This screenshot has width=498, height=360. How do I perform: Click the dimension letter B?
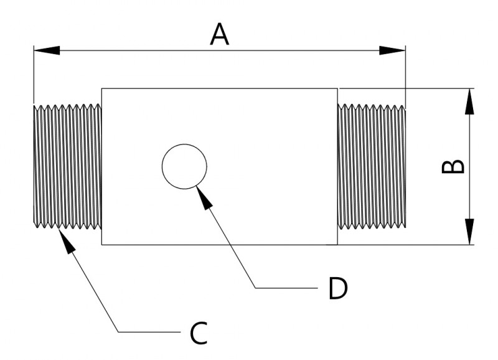click(453, 166)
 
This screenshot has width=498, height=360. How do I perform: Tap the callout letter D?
click(337, 288)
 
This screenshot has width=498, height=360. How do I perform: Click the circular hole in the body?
click(184, 166)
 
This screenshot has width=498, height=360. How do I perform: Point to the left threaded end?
click(67, 166)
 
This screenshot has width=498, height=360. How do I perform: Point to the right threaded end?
click(372, 166)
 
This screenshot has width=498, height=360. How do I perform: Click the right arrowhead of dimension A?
click(393, 50)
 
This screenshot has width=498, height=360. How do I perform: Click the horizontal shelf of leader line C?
click(149, 332)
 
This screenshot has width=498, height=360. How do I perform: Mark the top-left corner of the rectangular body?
click(101, 88)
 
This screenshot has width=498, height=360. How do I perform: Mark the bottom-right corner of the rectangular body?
click(337, 244)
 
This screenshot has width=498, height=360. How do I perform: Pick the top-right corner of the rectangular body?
click(337, 88)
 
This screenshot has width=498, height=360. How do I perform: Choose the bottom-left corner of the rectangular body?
click(101, 244)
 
